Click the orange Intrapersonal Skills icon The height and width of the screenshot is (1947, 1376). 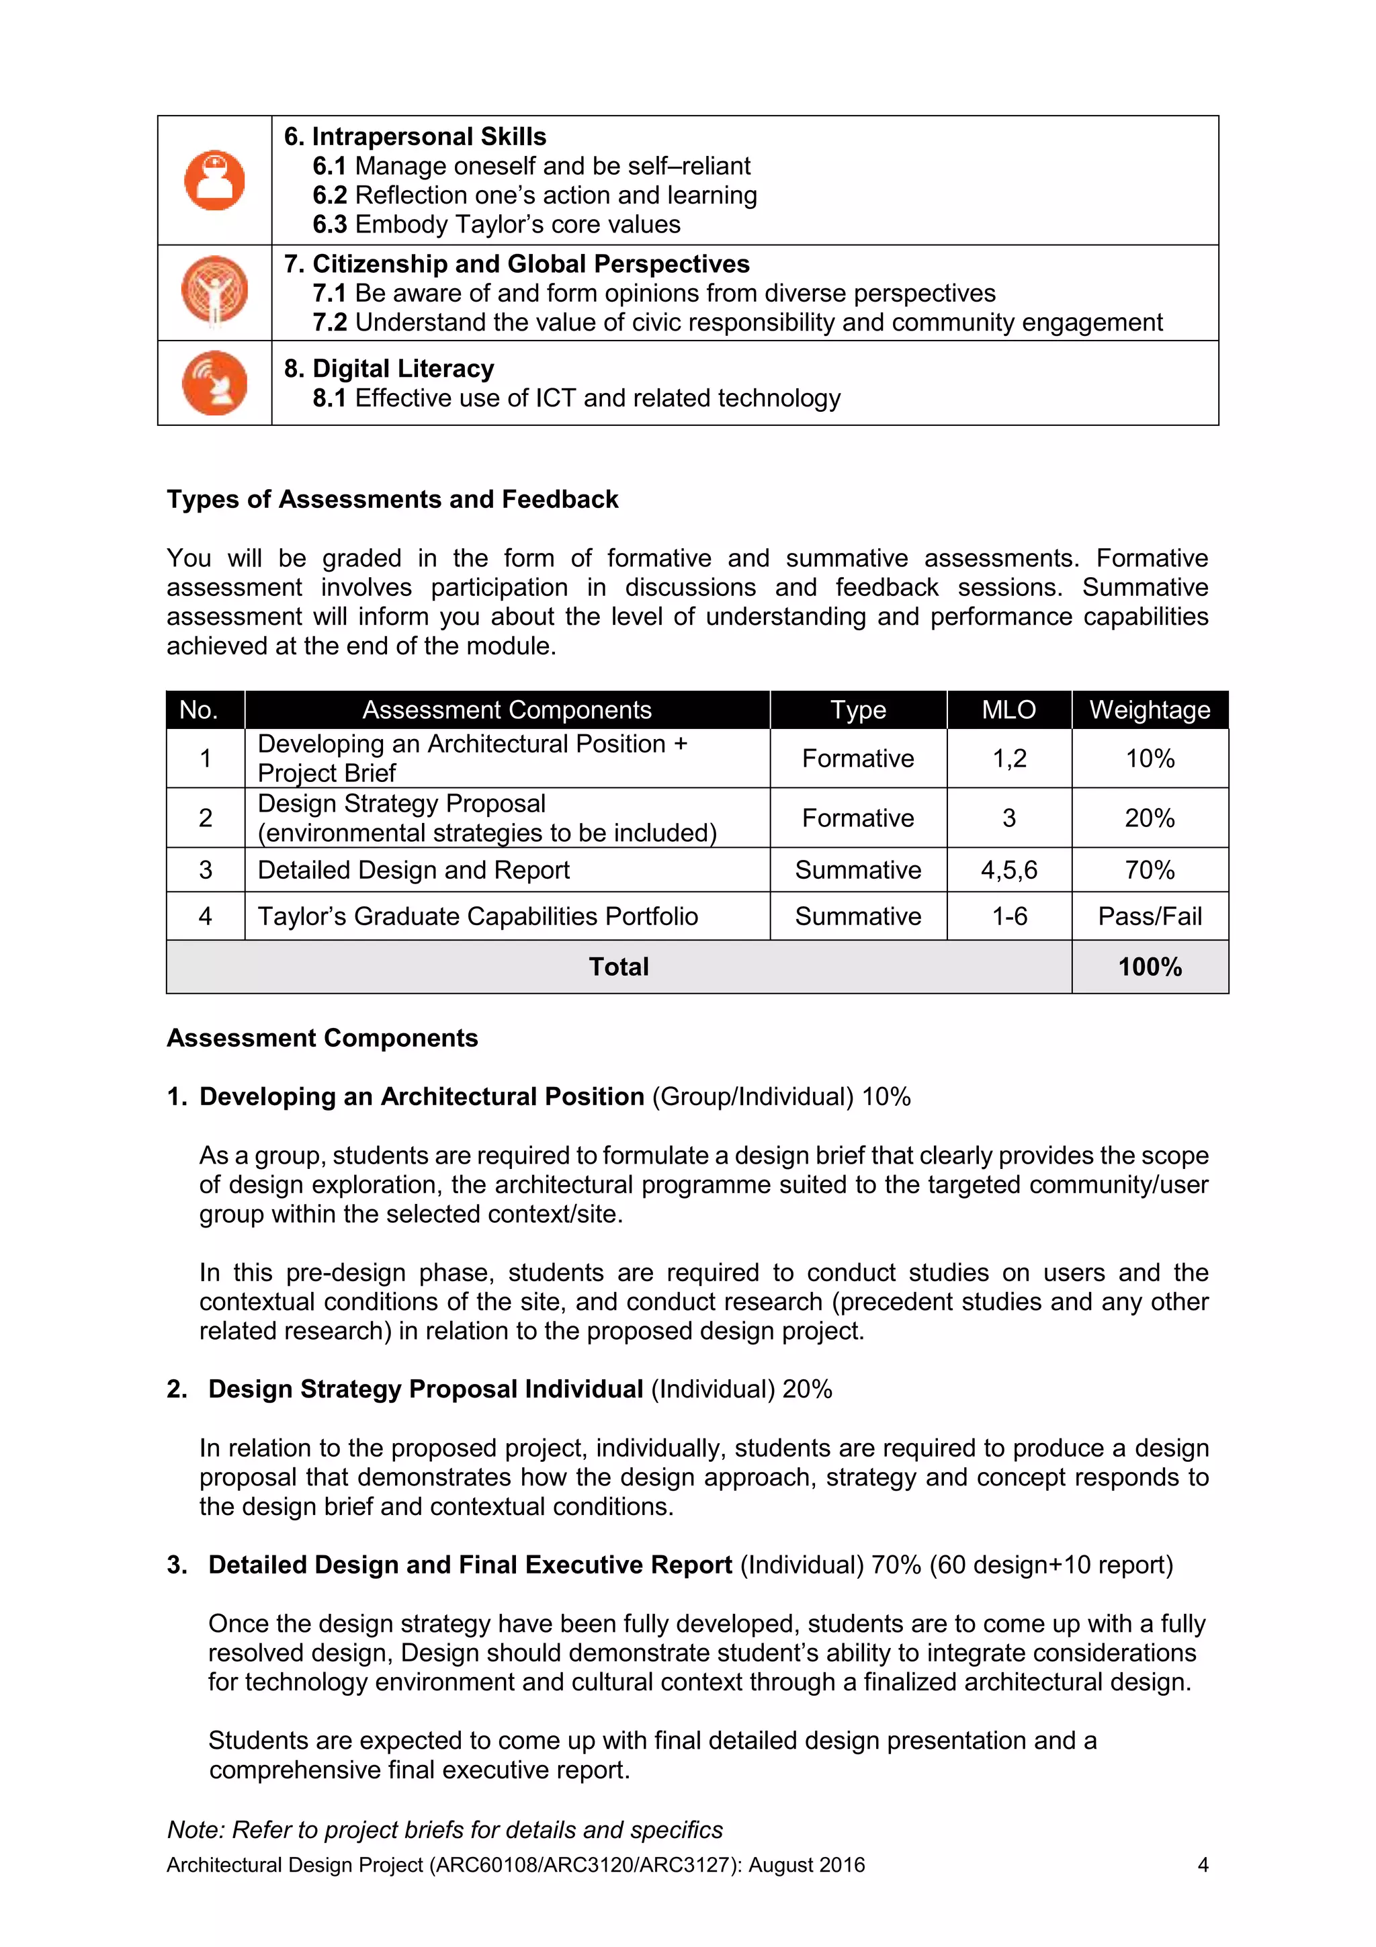tap(214, 181)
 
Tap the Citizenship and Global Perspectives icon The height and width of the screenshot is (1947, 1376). tap(214, 290)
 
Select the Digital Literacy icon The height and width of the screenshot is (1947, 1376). tap(214, 382)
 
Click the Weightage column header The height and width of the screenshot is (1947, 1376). tap(1149, 709)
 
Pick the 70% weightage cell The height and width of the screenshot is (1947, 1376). tap(1149, 870)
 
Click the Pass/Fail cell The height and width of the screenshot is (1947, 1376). tap(1149, 916)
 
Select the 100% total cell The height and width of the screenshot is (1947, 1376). tap(1149, 967)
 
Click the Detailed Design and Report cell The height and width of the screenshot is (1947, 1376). tap(414, 870)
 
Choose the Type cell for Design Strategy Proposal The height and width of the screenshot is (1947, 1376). tap(857, 818)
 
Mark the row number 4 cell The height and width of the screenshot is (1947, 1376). tap(205, 916)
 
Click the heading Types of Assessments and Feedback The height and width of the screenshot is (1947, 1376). tap(392, 499)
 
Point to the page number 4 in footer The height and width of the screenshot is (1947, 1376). tap(1202, 1865)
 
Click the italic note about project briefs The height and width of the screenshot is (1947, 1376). tap(445, 1829)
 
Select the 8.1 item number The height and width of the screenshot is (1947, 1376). tap(329, 398)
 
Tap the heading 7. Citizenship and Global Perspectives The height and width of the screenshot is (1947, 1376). tap(517, 264)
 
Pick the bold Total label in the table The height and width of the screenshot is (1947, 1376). tap(618, 967)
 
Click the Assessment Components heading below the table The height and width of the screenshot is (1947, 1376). tap(322, 1038)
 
